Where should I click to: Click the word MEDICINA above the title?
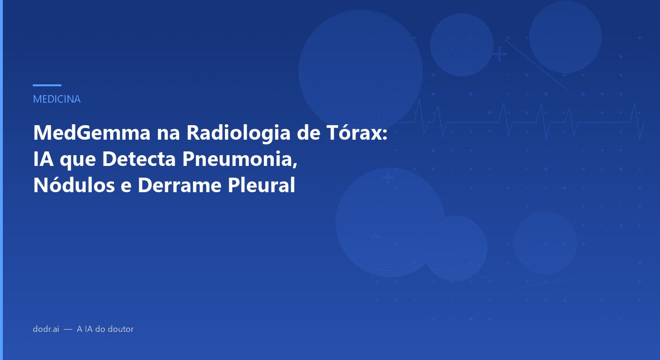pyautogui.click(x=57, y=99)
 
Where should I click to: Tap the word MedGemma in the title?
pyautogui.click(x=89, y=133)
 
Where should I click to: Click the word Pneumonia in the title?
pyautogui.click(x=239, y=159)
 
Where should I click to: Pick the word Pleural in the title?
pyautogui.click(x=261, y=186)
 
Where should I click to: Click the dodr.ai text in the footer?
pyautogui.click(x=46, y=329)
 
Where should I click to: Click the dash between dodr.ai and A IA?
pyautogui.click(x=68, y=330)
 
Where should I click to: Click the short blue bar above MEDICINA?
pyautogui.click(x=47, y=85)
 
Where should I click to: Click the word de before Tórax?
pyautogui.click(x=310, y=133)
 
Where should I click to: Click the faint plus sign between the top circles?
pyautogui.click(x=499, y=54)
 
